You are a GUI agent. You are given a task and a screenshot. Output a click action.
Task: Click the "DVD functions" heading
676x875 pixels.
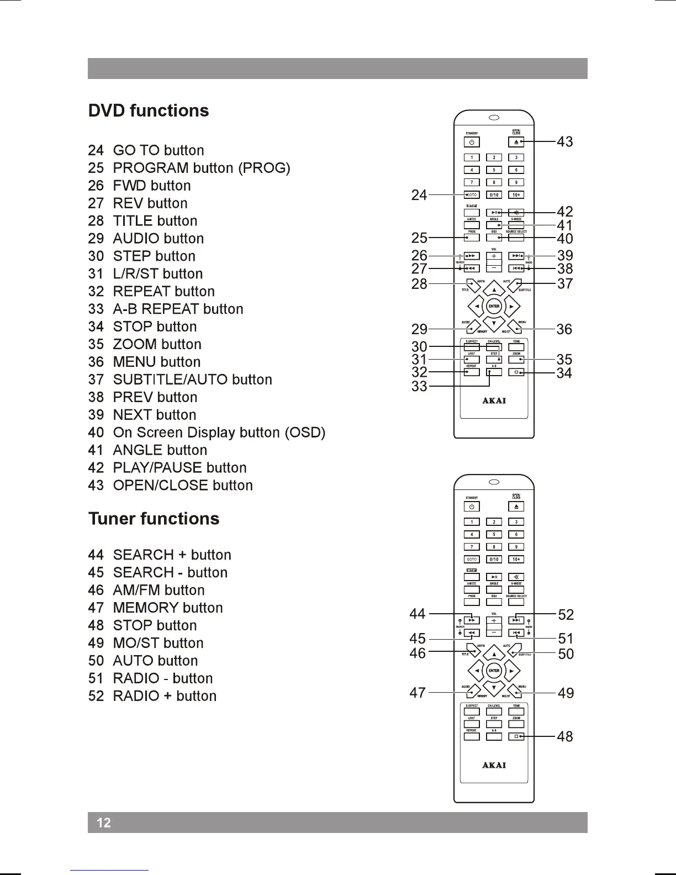tap(149, 110)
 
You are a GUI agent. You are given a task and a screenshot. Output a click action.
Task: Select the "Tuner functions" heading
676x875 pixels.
tap(154, 519)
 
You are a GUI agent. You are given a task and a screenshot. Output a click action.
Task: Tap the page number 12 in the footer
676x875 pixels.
tap(104, 823)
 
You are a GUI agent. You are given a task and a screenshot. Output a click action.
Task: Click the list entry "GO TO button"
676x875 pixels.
tap(158, 150)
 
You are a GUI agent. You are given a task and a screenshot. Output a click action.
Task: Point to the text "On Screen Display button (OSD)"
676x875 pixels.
tap(219, 433)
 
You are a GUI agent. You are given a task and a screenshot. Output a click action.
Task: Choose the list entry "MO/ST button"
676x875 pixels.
tap(158, 643)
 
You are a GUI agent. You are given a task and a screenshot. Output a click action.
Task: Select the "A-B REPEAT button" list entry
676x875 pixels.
tap(178, 309)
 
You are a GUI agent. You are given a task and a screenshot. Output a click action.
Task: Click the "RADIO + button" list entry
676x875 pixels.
tap(164, 696)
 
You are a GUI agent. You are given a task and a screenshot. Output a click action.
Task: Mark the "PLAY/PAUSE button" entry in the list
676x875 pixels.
tap(179, 468)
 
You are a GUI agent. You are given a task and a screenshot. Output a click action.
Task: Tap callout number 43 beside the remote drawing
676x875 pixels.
tap(564, 142)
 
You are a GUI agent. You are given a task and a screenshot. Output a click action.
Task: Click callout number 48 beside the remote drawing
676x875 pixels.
tap(564, 736)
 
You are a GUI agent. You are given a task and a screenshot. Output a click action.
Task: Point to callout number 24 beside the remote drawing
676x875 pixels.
tap(419, 195)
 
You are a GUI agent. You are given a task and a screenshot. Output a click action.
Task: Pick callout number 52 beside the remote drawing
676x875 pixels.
tap(566, 615)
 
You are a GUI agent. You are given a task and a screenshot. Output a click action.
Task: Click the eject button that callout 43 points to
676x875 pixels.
tap(516, 142)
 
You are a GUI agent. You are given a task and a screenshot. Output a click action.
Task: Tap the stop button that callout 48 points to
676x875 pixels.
tap(516, 736)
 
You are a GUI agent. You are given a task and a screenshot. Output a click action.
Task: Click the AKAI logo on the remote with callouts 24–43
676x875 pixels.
tap(494, 400)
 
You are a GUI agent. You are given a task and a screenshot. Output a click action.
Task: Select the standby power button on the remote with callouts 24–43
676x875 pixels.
tap(471, 142)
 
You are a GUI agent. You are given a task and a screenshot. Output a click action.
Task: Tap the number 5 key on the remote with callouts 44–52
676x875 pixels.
tap(494, 534)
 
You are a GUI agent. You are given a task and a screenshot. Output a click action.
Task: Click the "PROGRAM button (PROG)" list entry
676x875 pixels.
tap(201, 168)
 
